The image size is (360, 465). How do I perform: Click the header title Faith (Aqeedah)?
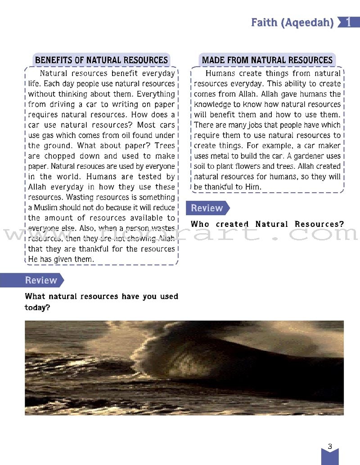click(x=292, y=22)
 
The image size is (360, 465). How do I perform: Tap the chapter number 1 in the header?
click(x=348, y=22)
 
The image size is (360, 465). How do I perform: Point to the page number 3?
click(x=330, y=447)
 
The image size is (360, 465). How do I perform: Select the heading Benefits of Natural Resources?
click(x=101, y=60)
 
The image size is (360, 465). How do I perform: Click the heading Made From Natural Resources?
click(x=267, y=60)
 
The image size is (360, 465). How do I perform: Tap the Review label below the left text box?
click(x=41, y=280)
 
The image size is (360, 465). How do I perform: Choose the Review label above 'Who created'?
click(x=207, y=208)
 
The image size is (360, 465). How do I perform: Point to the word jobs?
click(x=257, y=125)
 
